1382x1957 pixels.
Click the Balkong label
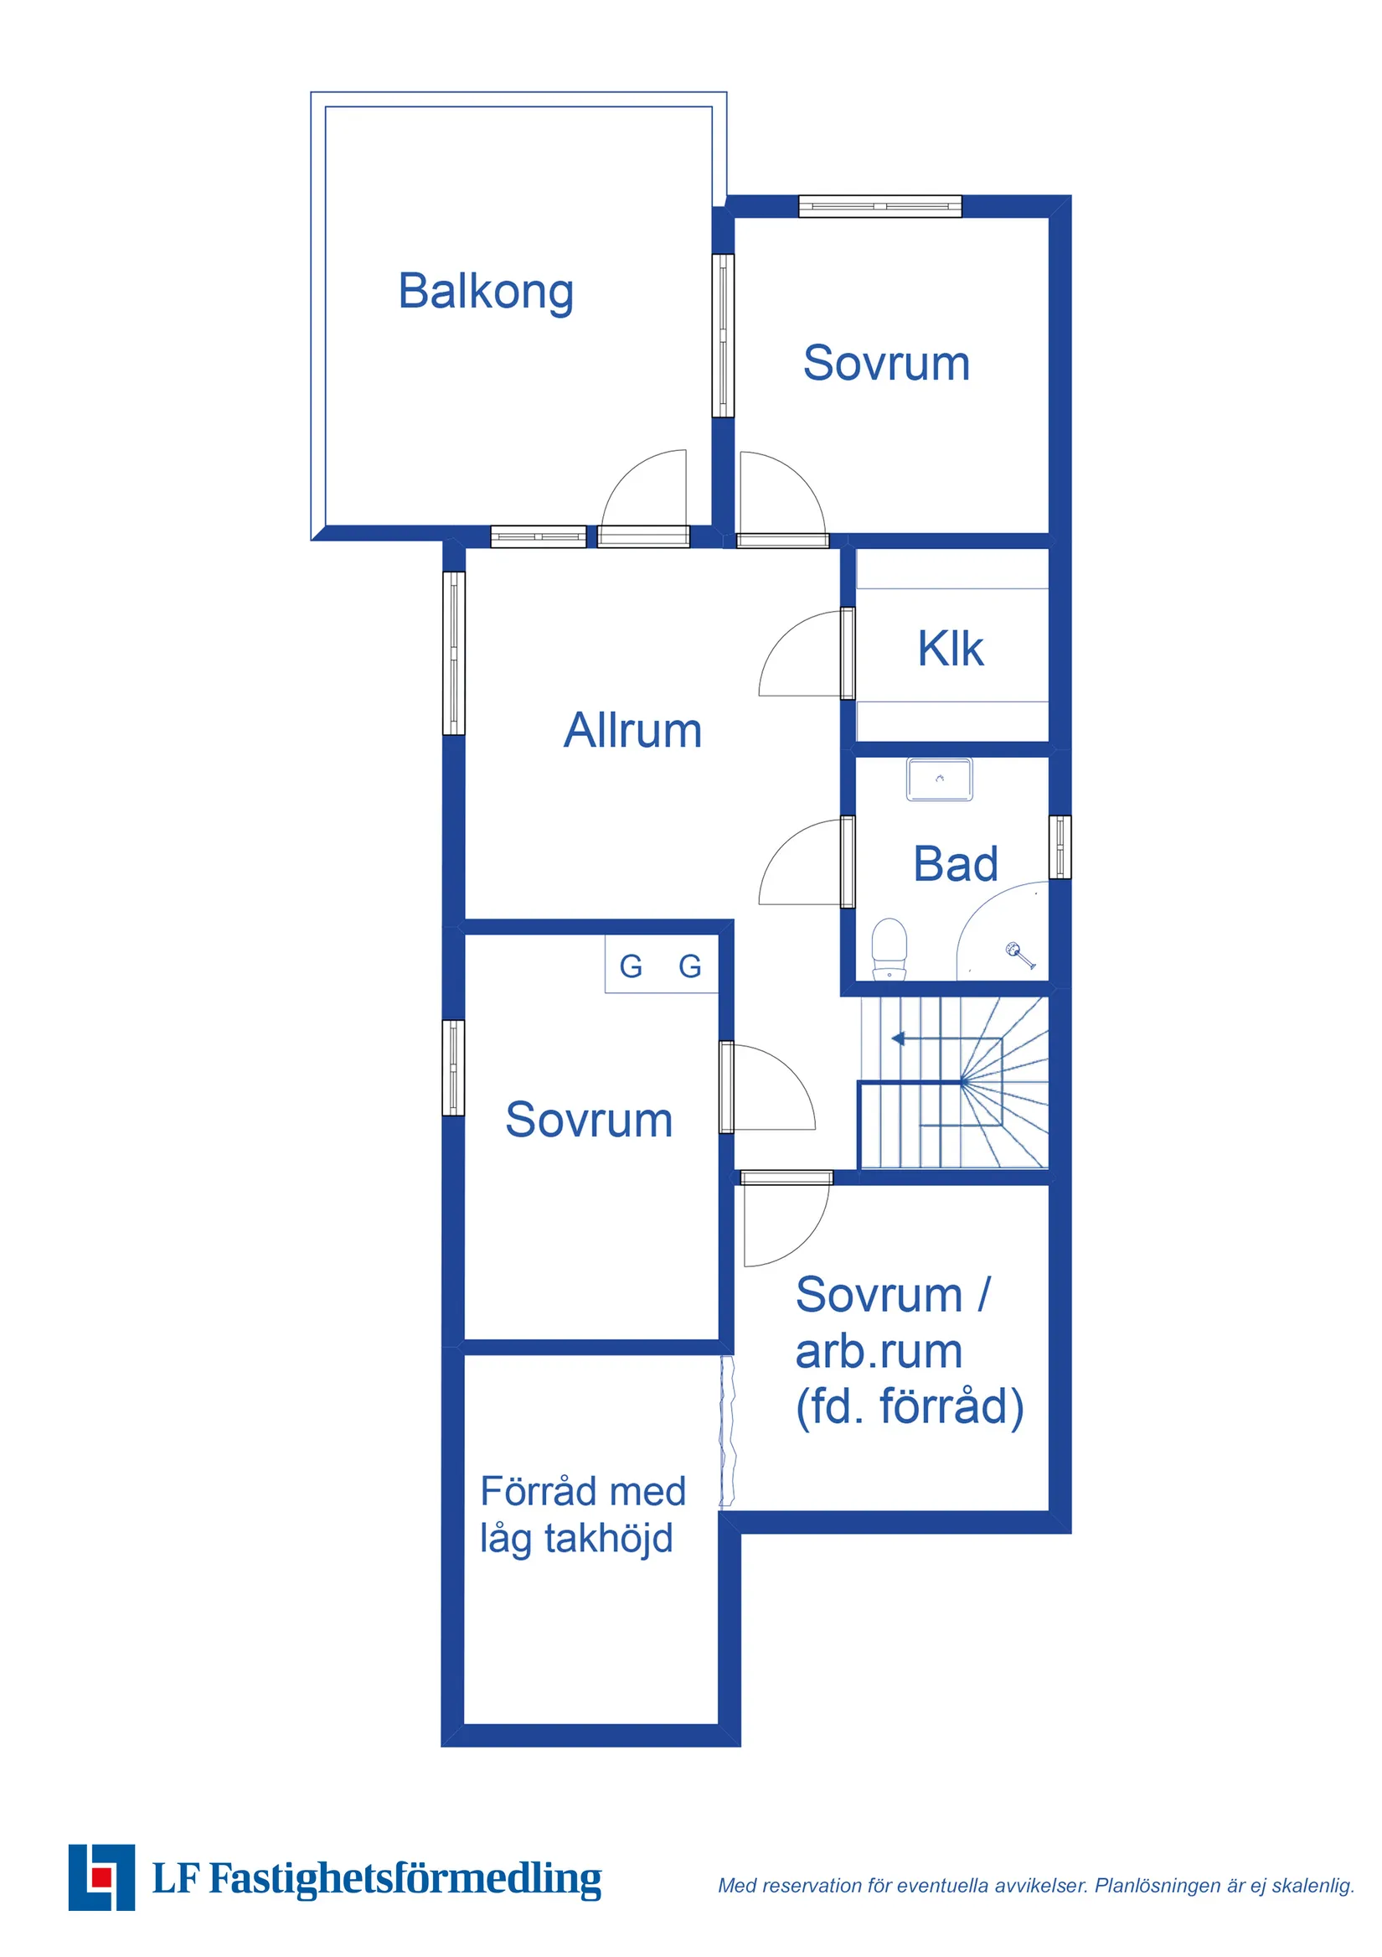[486, 292]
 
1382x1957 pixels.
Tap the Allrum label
[632, 731]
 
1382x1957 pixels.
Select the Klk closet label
[950, 649]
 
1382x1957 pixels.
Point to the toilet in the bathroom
[889, 948]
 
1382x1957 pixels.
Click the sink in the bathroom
[939, 779]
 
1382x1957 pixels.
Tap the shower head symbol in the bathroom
[1019, 954]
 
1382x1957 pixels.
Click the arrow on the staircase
[898, 1038]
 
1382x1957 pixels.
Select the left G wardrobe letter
[631, 966]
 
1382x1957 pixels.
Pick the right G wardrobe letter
[689, 966]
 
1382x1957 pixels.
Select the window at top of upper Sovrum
[879, 206]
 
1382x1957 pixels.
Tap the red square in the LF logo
[101, 1876]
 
